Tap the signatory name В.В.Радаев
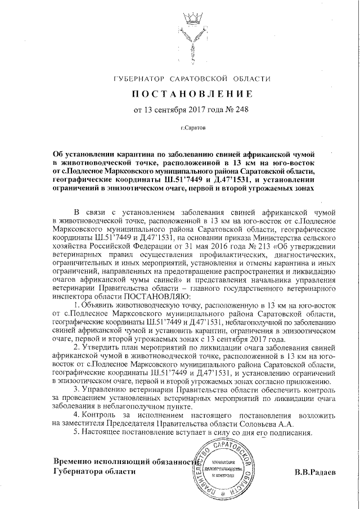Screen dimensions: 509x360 point(314,472)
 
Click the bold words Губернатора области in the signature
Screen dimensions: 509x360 point(94,471)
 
